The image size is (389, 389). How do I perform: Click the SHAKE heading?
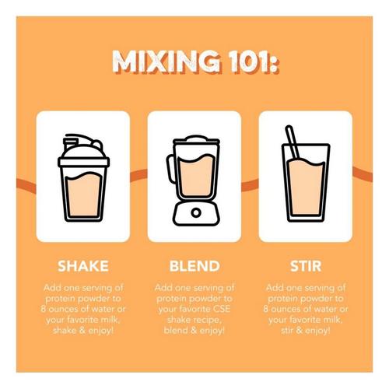tap(83, 266)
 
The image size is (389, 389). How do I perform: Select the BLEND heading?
tap(194, 266)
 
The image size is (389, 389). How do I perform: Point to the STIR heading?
tap(306, 266)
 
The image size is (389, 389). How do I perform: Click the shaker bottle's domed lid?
tap(83, 150)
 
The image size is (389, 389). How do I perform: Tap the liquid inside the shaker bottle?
tap(83, 194)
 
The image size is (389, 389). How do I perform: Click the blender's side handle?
tap(171, 169)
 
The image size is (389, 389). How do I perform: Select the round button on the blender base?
tap(196, 213)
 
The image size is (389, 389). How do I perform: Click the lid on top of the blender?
tap(196, 140)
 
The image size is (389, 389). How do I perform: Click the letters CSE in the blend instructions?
tap(222, 309)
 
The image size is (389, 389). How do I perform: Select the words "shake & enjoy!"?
tap(83, 331)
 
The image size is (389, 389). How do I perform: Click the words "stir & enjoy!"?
tap(306, 331)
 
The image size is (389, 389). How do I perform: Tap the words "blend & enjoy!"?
tap(194, 331)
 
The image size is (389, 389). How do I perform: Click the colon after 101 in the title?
tap(275, 65)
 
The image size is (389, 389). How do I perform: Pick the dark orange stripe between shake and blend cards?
tap(138, 175)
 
